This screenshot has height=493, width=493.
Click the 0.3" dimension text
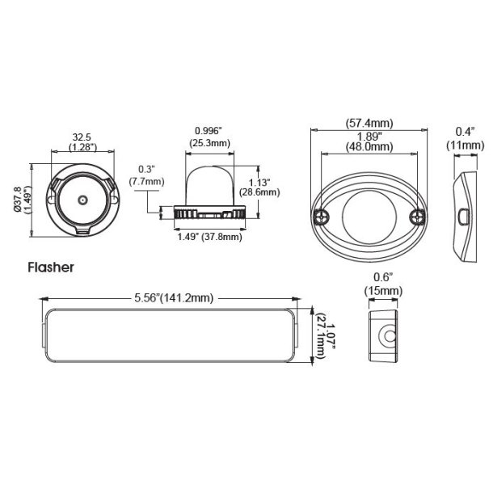click(146, 169)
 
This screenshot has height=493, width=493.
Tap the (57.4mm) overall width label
click(370, 123)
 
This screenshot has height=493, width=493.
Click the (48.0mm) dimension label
click(370, 147)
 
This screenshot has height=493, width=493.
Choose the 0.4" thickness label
click(465, 132)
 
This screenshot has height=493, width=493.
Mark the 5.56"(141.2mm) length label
click(174, 298)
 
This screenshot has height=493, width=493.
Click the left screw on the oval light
click(322, 216)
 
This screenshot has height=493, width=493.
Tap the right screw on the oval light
click(418, 216)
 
